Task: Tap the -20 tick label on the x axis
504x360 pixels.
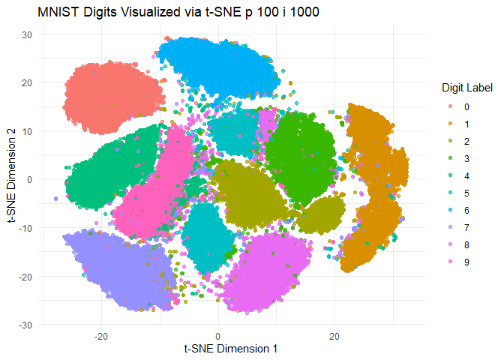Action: point(101,336)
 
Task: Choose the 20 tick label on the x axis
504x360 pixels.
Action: point(334,336)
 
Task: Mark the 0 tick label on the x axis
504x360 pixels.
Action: point(218,336)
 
